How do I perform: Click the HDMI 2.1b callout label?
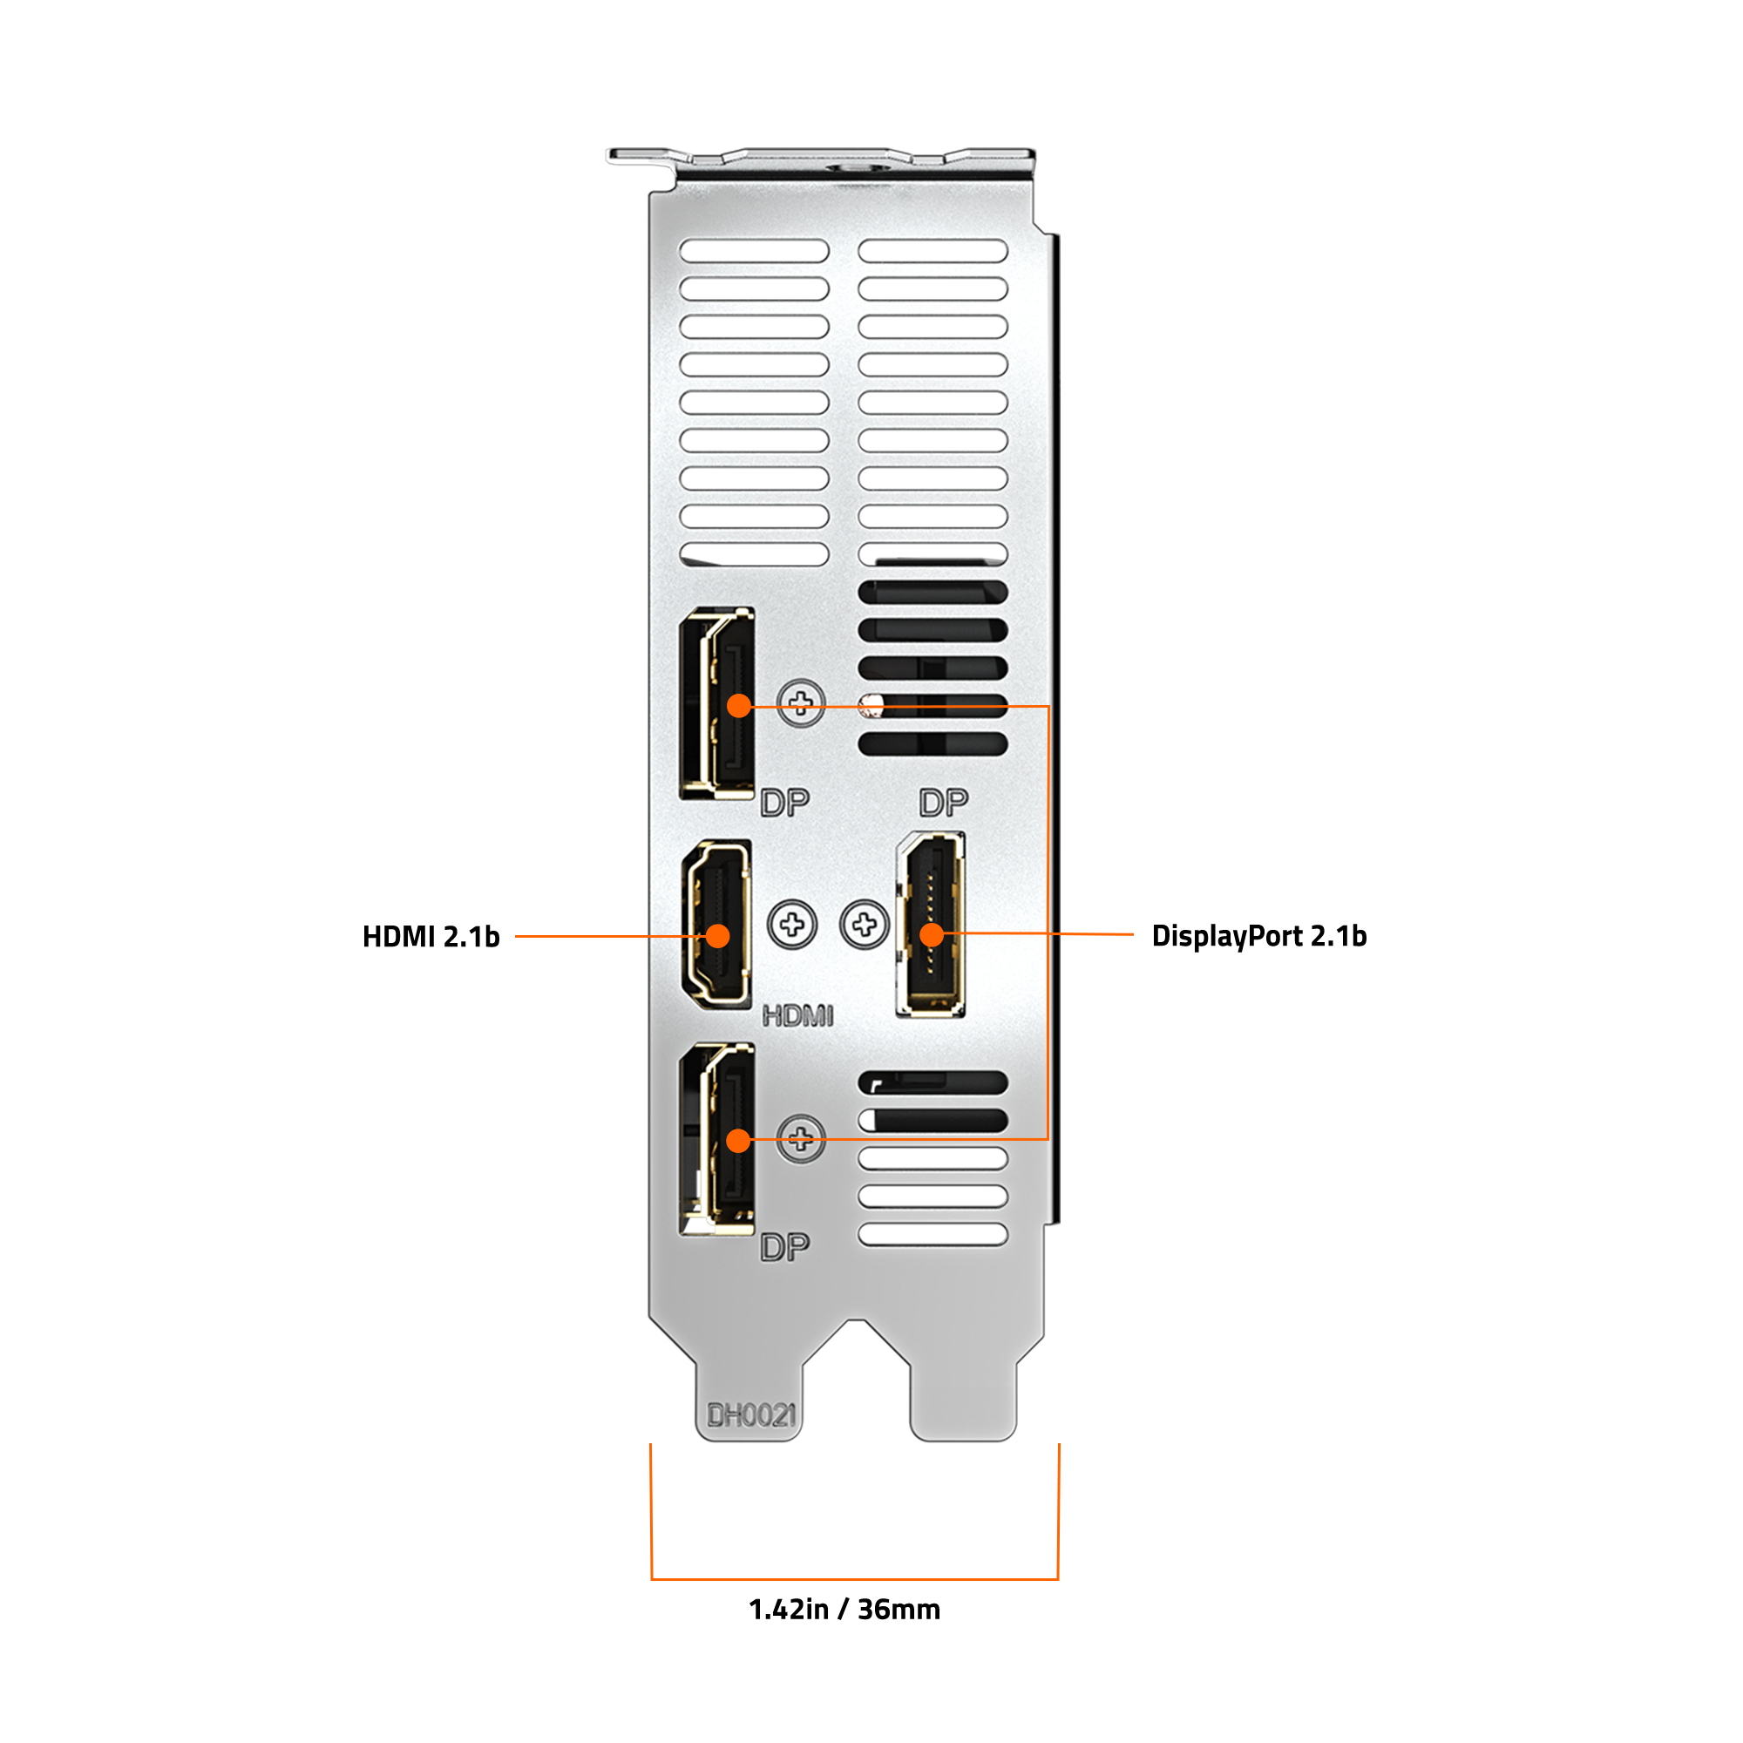(431, 937)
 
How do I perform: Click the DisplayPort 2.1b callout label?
(1259, 937)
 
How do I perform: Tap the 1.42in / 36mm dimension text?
(844, 1610)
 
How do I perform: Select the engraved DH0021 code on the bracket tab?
(751, 1415)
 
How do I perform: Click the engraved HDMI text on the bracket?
(797, 1016)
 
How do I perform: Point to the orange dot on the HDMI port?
(717, 937)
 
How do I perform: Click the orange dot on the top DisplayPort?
(739, 706)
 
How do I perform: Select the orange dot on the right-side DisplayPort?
(932, 935)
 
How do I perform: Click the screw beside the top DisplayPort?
(801, 702)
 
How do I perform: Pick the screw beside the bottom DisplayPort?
(801, 1139)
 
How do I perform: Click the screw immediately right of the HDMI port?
(792, 925)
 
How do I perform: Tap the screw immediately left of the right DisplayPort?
(865, 925)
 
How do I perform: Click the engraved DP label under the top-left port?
(785, 802)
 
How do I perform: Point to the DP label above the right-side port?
(944, 802)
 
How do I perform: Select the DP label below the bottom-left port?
(785, 1248)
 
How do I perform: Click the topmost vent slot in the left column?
(754, 251)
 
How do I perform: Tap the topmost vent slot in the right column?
(933, 251)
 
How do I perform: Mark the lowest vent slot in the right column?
(933, 1234)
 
